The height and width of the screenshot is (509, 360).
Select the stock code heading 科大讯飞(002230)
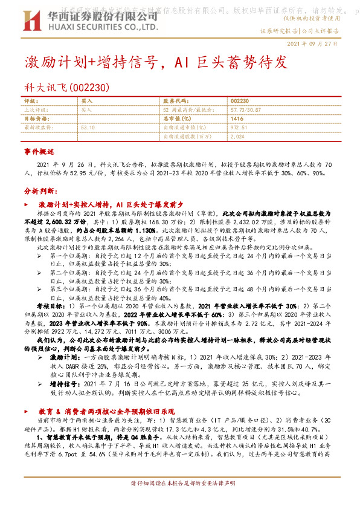pos(67,88)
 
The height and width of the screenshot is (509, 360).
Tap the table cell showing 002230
pos(240,102)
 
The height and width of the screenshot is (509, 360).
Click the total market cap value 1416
pos(237,119)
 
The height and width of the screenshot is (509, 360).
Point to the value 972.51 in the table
pos(239,128)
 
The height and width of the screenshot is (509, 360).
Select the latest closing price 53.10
pos(88,128)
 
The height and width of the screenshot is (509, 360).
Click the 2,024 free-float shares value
pos(237,136)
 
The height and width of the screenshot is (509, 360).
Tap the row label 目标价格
pos(36,119)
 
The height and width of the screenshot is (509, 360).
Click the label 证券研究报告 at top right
pos(278,31)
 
